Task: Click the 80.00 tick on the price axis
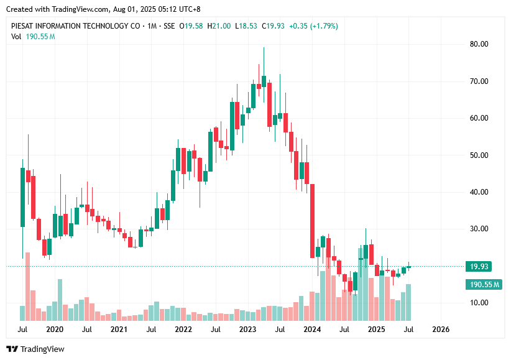[479, 44]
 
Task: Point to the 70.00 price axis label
[479, 81]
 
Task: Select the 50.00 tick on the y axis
[479, 155]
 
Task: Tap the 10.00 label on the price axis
[479, 303]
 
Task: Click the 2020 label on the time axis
[55, 329]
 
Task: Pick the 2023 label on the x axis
[247, 329]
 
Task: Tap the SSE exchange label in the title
[168, 25]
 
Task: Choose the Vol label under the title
[16, 37]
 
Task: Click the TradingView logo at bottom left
[35, 349]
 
